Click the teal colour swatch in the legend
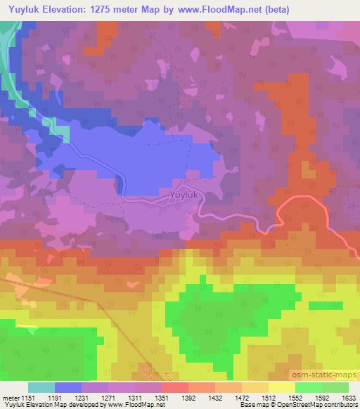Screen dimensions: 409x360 coord(41,387)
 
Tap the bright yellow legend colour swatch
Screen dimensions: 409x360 coord(281,387)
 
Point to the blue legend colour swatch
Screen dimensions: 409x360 coord(68,387)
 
